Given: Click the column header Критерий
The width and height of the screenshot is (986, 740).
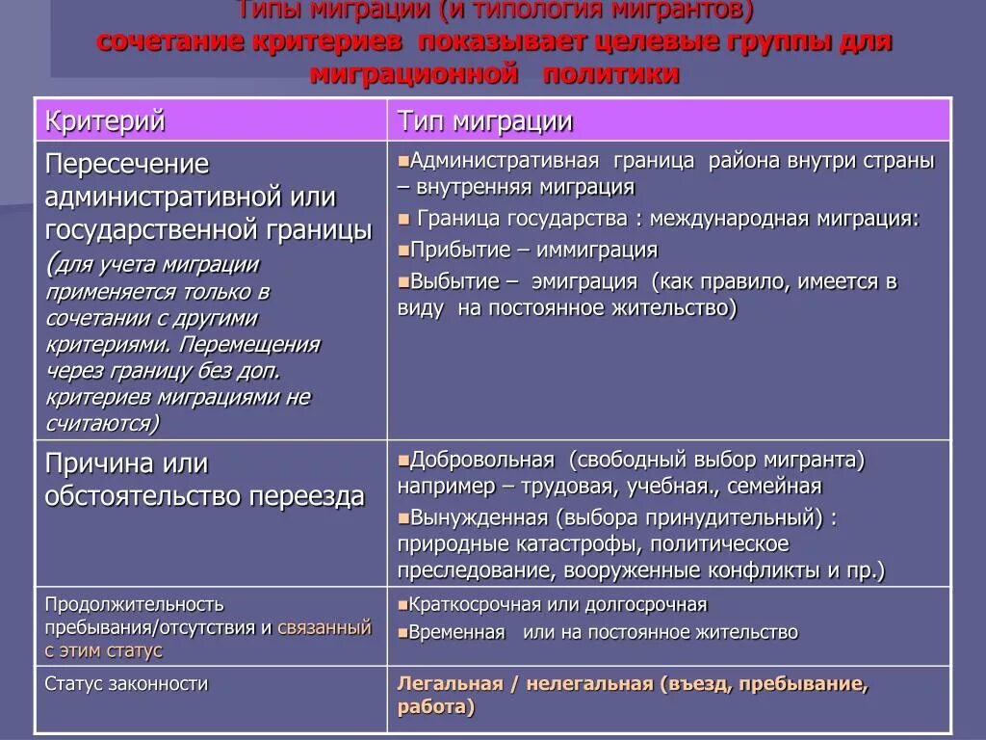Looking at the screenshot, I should coord(106,121).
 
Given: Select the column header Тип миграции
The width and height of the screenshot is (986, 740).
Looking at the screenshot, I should coord(485,121).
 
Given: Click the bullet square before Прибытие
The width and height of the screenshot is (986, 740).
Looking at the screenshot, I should coord(403,251).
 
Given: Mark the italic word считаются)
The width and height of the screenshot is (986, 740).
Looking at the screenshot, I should coord(102,422).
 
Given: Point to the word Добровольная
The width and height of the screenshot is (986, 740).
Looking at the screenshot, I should coord(482,460).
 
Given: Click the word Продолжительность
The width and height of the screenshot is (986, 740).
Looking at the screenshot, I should coord(134,604).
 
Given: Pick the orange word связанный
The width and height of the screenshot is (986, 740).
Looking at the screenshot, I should coord(324,627).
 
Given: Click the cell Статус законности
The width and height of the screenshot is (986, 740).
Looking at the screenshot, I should coord(126,684).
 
